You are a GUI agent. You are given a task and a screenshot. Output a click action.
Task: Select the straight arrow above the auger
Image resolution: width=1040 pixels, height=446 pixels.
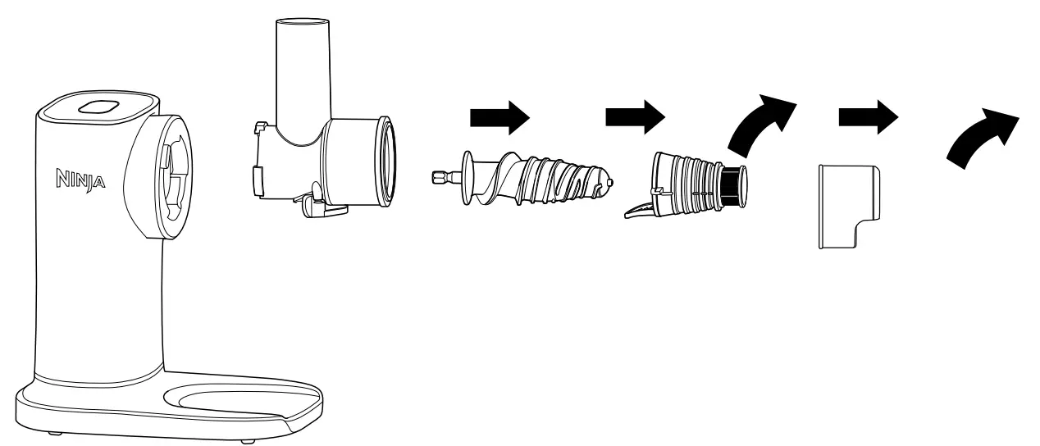point(499,118)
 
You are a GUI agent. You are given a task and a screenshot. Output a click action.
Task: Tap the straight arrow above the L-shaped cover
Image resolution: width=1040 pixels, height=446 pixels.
point(869,118)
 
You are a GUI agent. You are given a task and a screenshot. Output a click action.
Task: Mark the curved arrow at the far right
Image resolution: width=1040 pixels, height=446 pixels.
point(983,137)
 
